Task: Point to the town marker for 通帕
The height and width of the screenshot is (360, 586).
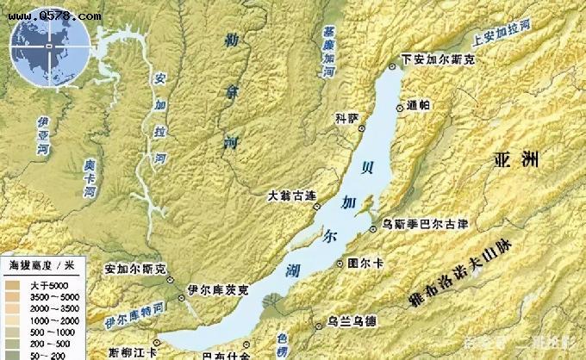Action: coord(400,107)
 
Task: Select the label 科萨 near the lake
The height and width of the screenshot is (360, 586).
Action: coord(346,119)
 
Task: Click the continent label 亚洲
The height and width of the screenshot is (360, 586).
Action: coord(518,159)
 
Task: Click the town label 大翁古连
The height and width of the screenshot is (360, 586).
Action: coord(287,197)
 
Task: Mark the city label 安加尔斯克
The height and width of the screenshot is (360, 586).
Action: coord(134,269)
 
